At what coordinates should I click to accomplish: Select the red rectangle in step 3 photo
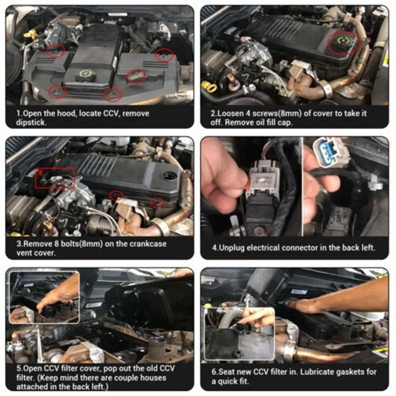coord(55,177)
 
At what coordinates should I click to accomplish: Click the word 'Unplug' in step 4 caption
coord(232,248)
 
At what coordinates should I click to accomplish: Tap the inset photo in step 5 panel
coord(44,297)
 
